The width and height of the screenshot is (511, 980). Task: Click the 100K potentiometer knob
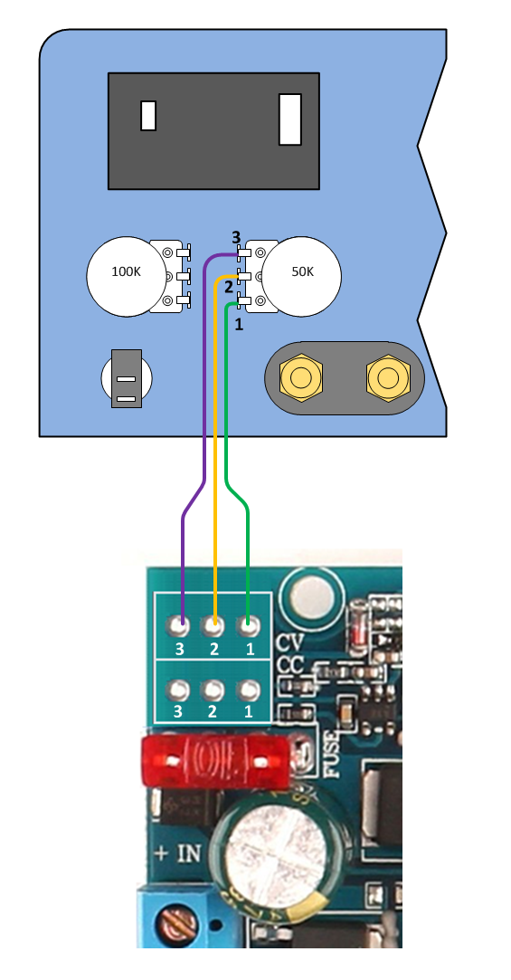(127, 276)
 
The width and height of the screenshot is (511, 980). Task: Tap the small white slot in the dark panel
(148, 116)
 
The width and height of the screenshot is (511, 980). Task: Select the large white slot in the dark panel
(289, 119)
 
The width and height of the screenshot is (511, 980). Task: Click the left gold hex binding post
(302, 377)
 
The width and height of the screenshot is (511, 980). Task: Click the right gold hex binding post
(388, 377)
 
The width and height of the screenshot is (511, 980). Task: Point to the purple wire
(204, 437)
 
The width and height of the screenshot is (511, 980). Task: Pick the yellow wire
(215, 450)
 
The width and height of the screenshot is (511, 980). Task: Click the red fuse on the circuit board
(216, 761)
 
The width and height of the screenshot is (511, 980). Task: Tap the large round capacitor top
(278, 847)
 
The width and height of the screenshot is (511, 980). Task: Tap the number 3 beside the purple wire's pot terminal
(235, 237)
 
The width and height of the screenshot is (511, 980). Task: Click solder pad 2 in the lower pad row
(213, 690)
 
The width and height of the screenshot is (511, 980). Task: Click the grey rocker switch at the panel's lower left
(127, 379)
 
